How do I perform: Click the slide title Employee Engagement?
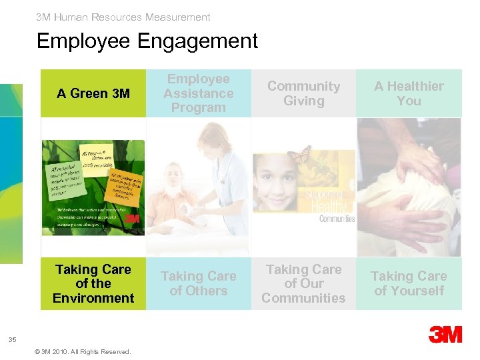point(147,41)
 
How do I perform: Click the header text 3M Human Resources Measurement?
point(123,17)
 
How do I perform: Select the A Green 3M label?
point(93,94)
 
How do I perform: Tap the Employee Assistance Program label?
point(199,93)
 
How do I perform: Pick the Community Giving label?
point(303,94)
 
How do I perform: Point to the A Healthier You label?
point(409,94)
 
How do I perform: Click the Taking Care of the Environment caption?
point(93,284)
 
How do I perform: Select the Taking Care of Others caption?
point(199,284)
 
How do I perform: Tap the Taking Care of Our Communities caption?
point(303,284)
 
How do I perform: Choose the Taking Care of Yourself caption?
point(409,284)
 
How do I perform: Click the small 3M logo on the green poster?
point(131,218)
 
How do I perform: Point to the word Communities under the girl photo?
point(337,218)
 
